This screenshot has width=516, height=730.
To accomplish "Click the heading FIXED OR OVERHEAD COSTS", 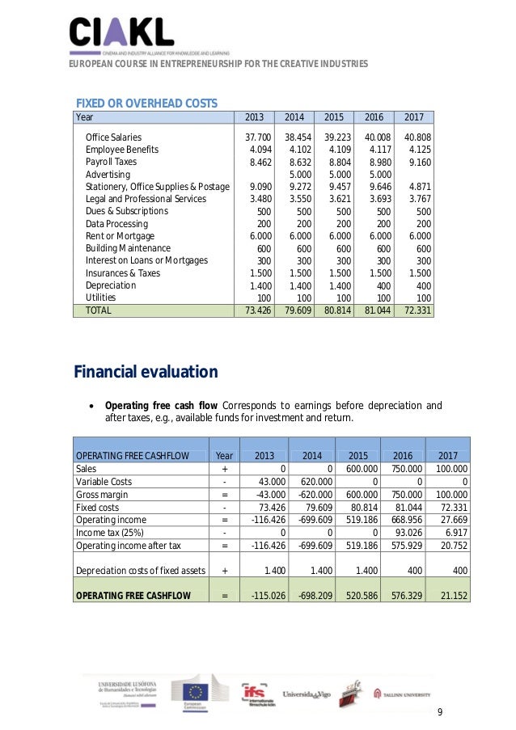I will pyautogui.click(x=146, y=103).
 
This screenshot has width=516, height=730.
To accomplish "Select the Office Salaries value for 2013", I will pyautogui.click(x=258, y=137).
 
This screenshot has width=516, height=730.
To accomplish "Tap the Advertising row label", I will pyautogui.click(x=108, y=174).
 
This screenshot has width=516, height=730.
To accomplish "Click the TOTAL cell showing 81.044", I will pyautogui.click(x=375, y=310).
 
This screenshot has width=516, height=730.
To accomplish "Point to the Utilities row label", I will pyautogui.click(x=106, y=297).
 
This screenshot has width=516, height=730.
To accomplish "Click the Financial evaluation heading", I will pyautogui.click(x=146, y=373).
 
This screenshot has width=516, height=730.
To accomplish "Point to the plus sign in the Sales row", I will pyautogui.click(x=224, y=468).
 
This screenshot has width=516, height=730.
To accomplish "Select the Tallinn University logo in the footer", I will pyautogui.click(x=401, y=694).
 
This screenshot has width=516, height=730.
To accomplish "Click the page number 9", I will pyautogui.click(x=440, y=711).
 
